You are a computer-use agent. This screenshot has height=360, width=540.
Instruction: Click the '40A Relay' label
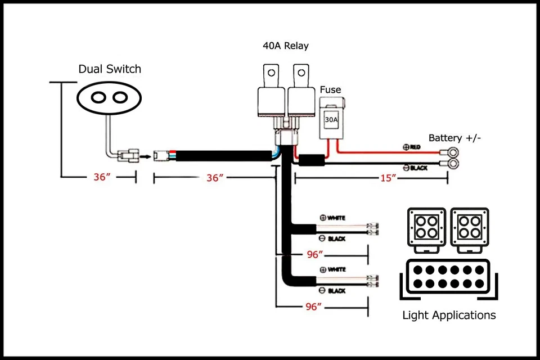click(285, 46)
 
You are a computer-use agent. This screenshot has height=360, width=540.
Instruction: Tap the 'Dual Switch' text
click(110, 69)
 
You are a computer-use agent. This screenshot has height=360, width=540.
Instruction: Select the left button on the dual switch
click(98, 97)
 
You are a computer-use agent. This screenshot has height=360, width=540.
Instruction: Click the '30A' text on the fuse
click(331, 119)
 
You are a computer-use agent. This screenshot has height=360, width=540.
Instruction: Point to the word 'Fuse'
click(330, 89)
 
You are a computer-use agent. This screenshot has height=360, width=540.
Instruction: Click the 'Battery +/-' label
click(454, 138)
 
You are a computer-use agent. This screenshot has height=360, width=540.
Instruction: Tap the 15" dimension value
click(389, 178)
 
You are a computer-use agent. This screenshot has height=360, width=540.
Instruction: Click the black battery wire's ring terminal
click(451, 165)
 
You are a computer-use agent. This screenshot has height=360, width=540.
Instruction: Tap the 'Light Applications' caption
click(449, 315)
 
